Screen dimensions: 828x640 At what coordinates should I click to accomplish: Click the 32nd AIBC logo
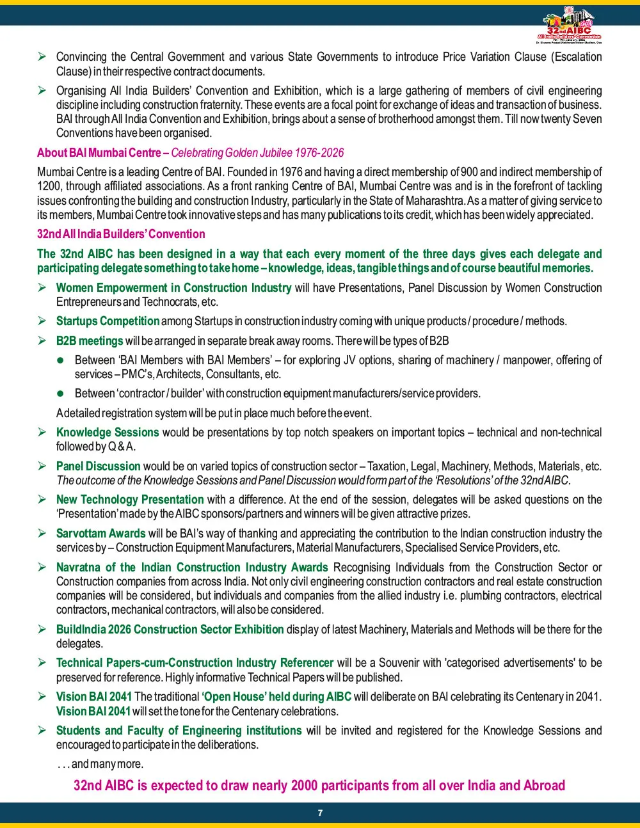pos(569,26)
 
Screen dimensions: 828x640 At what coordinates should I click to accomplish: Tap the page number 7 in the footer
pos(320,813)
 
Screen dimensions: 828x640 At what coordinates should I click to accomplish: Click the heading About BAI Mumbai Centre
pos(99,152)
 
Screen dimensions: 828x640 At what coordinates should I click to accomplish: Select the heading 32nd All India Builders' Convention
pos(121,234)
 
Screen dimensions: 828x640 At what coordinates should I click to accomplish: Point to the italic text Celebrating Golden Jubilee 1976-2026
pos(257,152)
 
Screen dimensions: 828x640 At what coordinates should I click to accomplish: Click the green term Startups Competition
pos(108,321)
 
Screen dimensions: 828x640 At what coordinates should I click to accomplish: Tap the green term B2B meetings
pos(90,341)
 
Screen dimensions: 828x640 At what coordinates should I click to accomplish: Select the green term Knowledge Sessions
pos(108,433)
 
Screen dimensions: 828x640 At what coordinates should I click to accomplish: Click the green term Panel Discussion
pos(98,466)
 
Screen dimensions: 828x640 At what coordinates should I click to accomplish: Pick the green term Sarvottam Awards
pos(101,534)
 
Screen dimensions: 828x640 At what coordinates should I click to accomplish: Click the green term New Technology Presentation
pos(130,500)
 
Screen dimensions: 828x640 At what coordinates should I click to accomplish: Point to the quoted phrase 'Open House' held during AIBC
pos(277,697)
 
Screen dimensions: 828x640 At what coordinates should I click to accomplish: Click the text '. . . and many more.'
pos(100,764)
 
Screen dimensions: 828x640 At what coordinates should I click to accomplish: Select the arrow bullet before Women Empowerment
pos(42,288)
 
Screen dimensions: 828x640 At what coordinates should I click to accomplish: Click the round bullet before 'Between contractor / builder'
pos(61,394)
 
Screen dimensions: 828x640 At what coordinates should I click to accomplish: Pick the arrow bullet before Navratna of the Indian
pos(42,568)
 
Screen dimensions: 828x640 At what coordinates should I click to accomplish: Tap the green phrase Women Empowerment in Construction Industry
pos(173,288)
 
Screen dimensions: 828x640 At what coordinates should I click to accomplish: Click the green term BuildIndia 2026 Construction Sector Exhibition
pos(170,630)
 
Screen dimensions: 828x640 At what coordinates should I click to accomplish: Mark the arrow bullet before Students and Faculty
pos(42,731)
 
